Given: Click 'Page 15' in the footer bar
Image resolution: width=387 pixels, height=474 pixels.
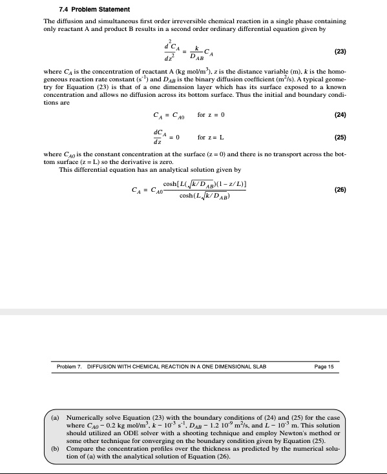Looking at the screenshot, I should point(324,367).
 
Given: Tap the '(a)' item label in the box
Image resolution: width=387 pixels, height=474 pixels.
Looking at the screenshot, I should point(56,418).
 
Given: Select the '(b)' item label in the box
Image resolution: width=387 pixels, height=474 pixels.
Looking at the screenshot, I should point(56,449).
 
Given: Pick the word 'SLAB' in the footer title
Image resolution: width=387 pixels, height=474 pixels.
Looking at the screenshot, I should point(258,367).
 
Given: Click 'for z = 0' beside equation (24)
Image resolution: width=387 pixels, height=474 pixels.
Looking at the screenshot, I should point(211,115).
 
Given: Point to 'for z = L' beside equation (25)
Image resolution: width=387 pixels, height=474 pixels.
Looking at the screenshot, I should point(211,137).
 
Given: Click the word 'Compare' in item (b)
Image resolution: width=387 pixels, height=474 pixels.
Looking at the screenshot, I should point(81,449).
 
